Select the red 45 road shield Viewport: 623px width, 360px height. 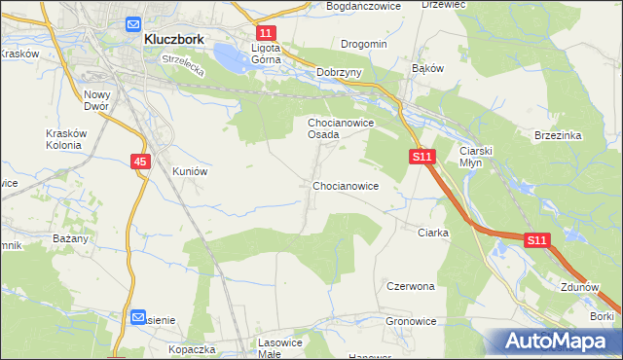(x=140, y=162)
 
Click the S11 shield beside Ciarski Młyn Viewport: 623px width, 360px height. (x=421, y=156)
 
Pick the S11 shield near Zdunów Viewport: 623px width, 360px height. (x=537, y=239)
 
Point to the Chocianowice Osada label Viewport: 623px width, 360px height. (x=337, y=128)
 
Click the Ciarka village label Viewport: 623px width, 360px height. (x=432, y=233)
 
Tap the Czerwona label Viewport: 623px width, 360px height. (x=410, y=287)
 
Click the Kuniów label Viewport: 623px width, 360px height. (x=190, y=170)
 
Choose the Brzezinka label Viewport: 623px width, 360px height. (x=558, y=136)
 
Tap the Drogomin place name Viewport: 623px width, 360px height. (x=364, y=44)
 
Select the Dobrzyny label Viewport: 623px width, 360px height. (x=340, y=72)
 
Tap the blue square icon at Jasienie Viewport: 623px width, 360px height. (x=138, y=317)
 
